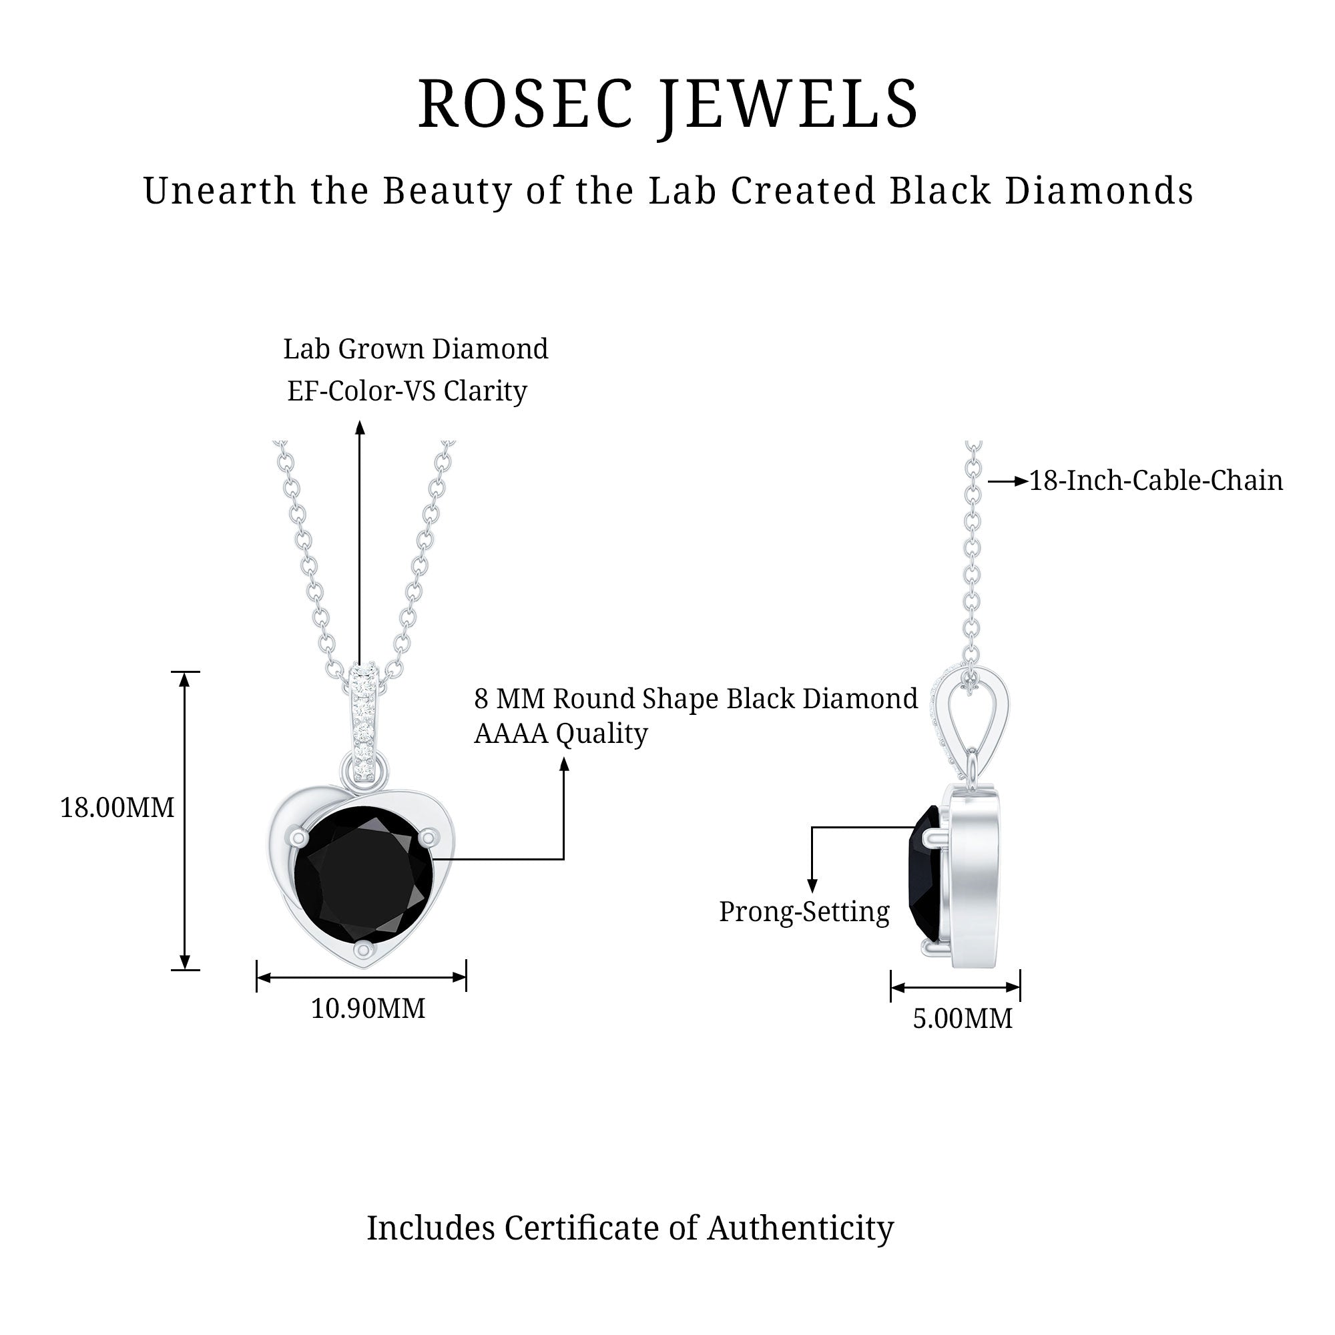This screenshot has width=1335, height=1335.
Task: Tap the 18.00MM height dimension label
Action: (117, 807)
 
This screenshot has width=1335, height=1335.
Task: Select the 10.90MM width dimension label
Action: (368, 1008)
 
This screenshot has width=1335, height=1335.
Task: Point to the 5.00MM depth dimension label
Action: (963, 1018)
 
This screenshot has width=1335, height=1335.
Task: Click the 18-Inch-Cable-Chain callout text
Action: (1156, 481)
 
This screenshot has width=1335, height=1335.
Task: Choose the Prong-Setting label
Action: (804, 912)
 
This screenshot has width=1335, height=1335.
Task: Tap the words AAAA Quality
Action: (561, 733)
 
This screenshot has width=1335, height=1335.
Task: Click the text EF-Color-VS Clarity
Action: (407, 392)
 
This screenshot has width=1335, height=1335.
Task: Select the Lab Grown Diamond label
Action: (416, 349)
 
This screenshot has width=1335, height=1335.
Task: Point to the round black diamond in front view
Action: (364, 874)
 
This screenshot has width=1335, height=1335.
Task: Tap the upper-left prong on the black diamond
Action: (298, 838)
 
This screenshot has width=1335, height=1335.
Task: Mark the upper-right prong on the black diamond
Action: (429, 838)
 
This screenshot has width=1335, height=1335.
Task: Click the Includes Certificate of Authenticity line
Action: (630, 1229)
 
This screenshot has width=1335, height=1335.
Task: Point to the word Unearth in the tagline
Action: (220, 191)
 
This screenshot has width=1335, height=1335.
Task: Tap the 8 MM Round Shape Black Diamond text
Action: (696, 699)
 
